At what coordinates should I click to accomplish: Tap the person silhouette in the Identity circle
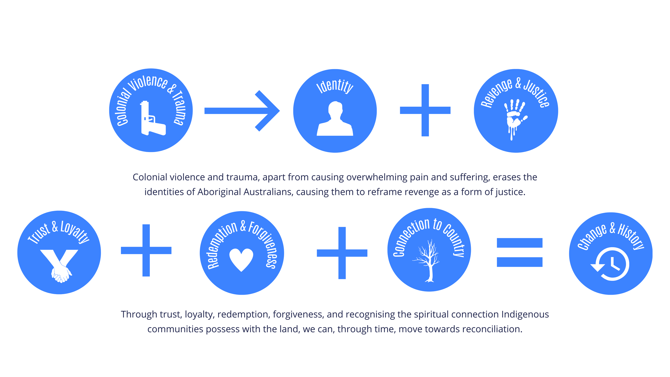[x=335, y=119]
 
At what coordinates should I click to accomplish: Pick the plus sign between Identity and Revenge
[x=425, y=110]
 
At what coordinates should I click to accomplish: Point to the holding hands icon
[x=60, y=265]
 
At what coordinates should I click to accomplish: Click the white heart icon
[x=241, y=259]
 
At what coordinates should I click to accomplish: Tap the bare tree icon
[x=429, y=261]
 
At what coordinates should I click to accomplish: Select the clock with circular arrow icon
[x=611, y=264]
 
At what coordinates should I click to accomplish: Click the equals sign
[x=519, y=252]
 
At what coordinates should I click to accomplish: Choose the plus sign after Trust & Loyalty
[x=146, y=250]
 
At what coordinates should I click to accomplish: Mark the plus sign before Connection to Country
[x=342, y=253]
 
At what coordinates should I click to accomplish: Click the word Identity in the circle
[x=335, y=86]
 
